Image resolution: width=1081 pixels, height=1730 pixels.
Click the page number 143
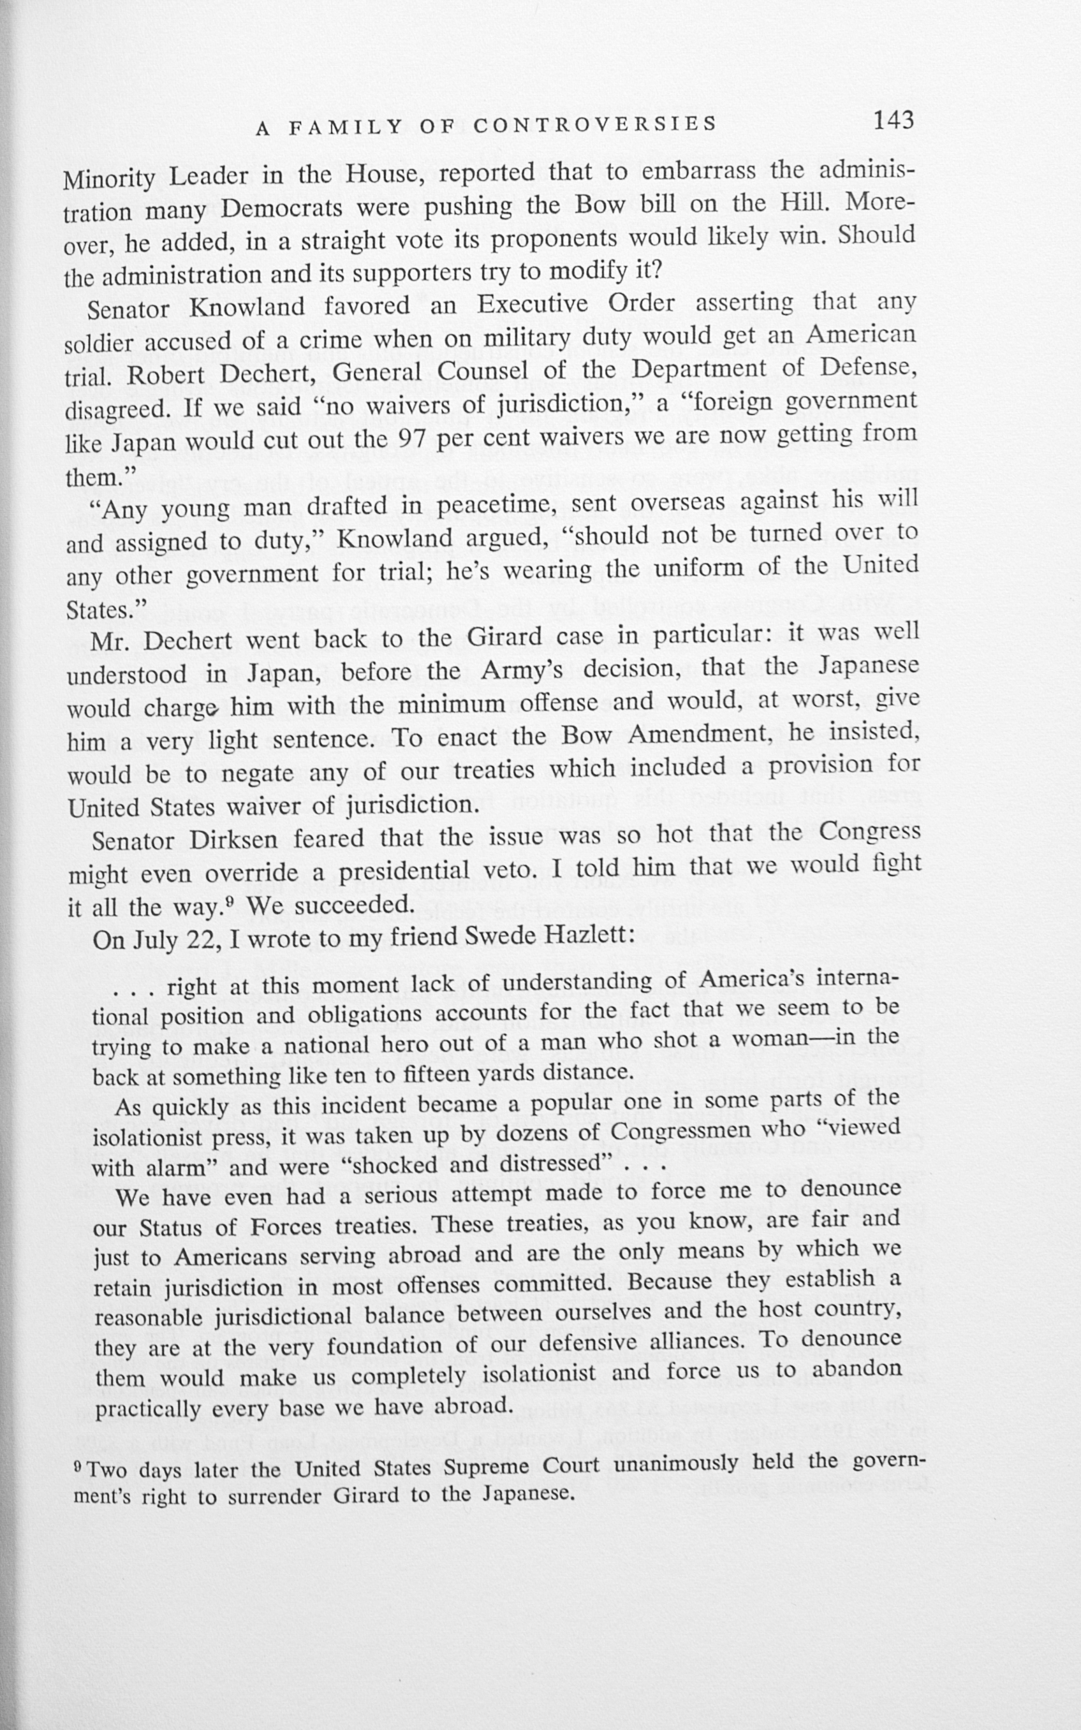pyautogui.click(x=893, y=120)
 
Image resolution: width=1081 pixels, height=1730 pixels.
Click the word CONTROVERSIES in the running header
pyautogui.click(x=595, y=124)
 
